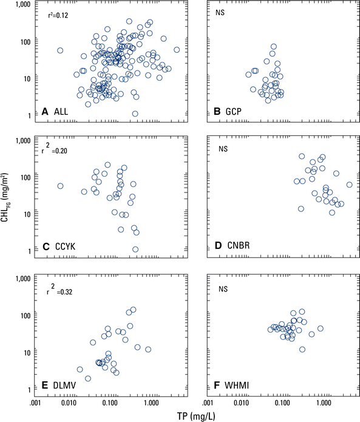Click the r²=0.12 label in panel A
[x=58, y=16]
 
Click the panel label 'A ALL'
[x=56, y=111]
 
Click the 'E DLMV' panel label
[x=58, y=385]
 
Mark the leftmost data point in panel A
[x=60, y=50]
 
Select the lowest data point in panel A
[x=135, y=114]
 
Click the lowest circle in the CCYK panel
[x=135, y=249]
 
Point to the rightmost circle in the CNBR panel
[x=349, y=185]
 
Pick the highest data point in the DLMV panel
[x=133, y=310]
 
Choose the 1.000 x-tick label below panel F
[x=324, y=402]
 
